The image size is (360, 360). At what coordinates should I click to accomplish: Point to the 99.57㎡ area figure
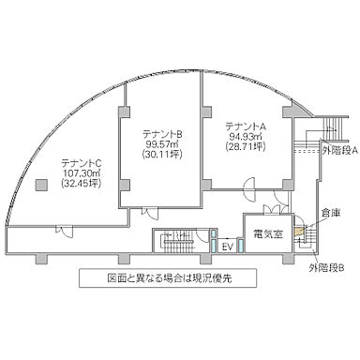[x=162, y=146]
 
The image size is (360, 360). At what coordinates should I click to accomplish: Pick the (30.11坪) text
[x=162, y=157]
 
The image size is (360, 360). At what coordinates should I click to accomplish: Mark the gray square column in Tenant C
[x=40, y=184]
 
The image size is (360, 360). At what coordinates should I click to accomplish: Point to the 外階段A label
[x=337, y=149]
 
